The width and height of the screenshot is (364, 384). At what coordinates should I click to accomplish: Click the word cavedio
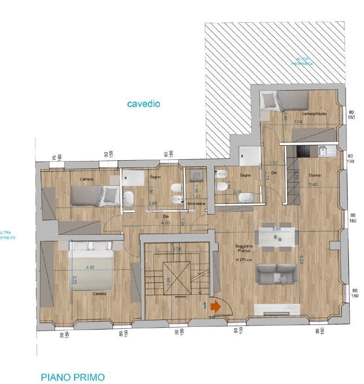click(143, 104)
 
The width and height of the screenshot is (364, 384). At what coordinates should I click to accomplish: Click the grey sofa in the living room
click(277, 273)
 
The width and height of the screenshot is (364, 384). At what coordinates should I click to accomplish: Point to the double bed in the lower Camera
click(92, 266)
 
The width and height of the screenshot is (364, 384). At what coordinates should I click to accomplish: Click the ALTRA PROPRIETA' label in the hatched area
click(302, 61)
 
